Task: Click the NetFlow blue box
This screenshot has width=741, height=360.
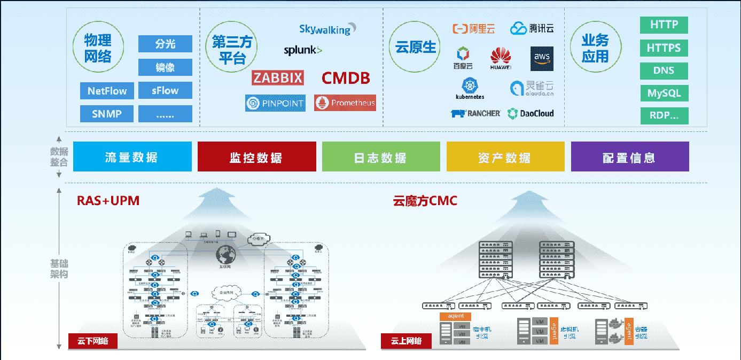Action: click(107, 91)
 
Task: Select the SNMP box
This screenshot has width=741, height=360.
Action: click(107, 114)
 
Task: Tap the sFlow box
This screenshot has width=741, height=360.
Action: click(165, 91)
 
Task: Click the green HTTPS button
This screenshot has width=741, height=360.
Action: click(664, 48)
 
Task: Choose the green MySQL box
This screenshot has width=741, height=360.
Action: click(664, 93)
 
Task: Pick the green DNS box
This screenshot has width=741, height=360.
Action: click(664, 71)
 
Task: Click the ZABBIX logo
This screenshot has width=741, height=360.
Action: click(278, 78)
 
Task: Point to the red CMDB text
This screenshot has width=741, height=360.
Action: click(346, 79)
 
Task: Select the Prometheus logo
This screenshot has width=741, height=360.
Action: click(345, 103)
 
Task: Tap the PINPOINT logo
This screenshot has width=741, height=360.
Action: click(275, 103)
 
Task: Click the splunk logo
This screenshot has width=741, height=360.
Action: click(303, 51)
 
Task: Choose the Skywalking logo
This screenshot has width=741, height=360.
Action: click(327, 29)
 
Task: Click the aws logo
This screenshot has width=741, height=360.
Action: click(542, 59)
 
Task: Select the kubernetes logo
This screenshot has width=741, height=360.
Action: click(470, 89)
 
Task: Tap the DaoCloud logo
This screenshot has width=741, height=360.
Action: click(531, 113)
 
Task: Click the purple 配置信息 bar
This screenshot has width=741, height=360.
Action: click(630, 157)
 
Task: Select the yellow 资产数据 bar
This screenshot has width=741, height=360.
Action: click(505, 157)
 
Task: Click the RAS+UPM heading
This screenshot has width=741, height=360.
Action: click(108, 201)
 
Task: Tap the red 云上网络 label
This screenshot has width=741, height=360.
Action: click(406, 341)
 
